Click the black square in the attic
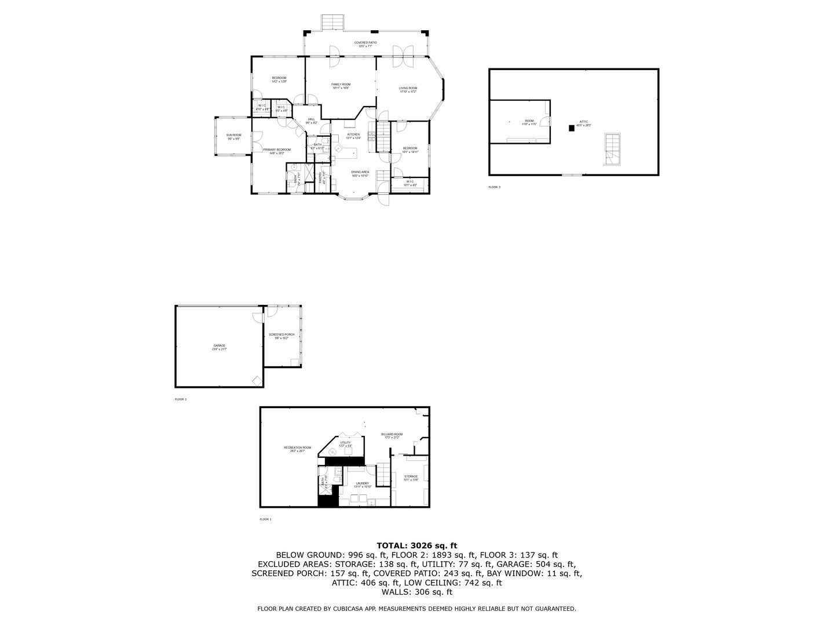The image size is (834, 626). point(572,129)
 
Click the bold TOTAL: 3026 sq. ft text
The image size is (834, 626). point(416,545)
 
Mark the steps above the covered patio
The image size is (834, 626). point(334,23)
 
